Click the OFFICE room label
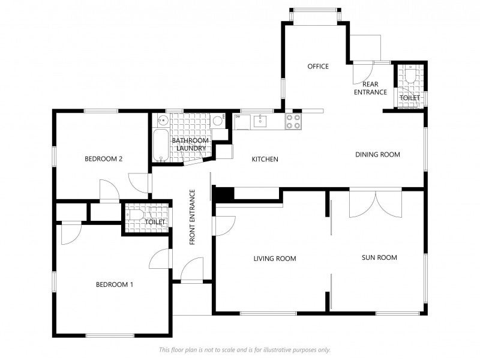[x=318, y=67]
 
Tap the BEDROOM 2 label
[x=103, y=159]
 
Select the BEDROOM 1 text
[x=115, y=284]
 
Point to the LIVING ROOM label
[x=275, y=259]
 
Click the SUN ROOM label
[x=379, y=258]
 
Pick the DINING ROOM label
[x=377, y=155]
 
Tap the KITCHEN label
[x=265, y=159]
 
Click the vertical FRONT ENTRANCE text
[x=192, y=217]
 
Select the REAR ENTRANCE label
[x=370, y=88]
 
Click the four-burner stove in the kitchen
[x=293, y=121]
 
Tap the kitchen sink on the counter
[x=260, y=121]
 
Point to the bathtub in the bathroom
[x=160, y=145]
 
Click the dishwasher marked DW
[x=242, y=122]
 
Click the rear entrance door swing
[x=363, y=73]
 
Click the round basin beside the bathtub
[x=163, y=121]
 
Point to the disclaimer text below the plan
[x=245, y=350]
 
